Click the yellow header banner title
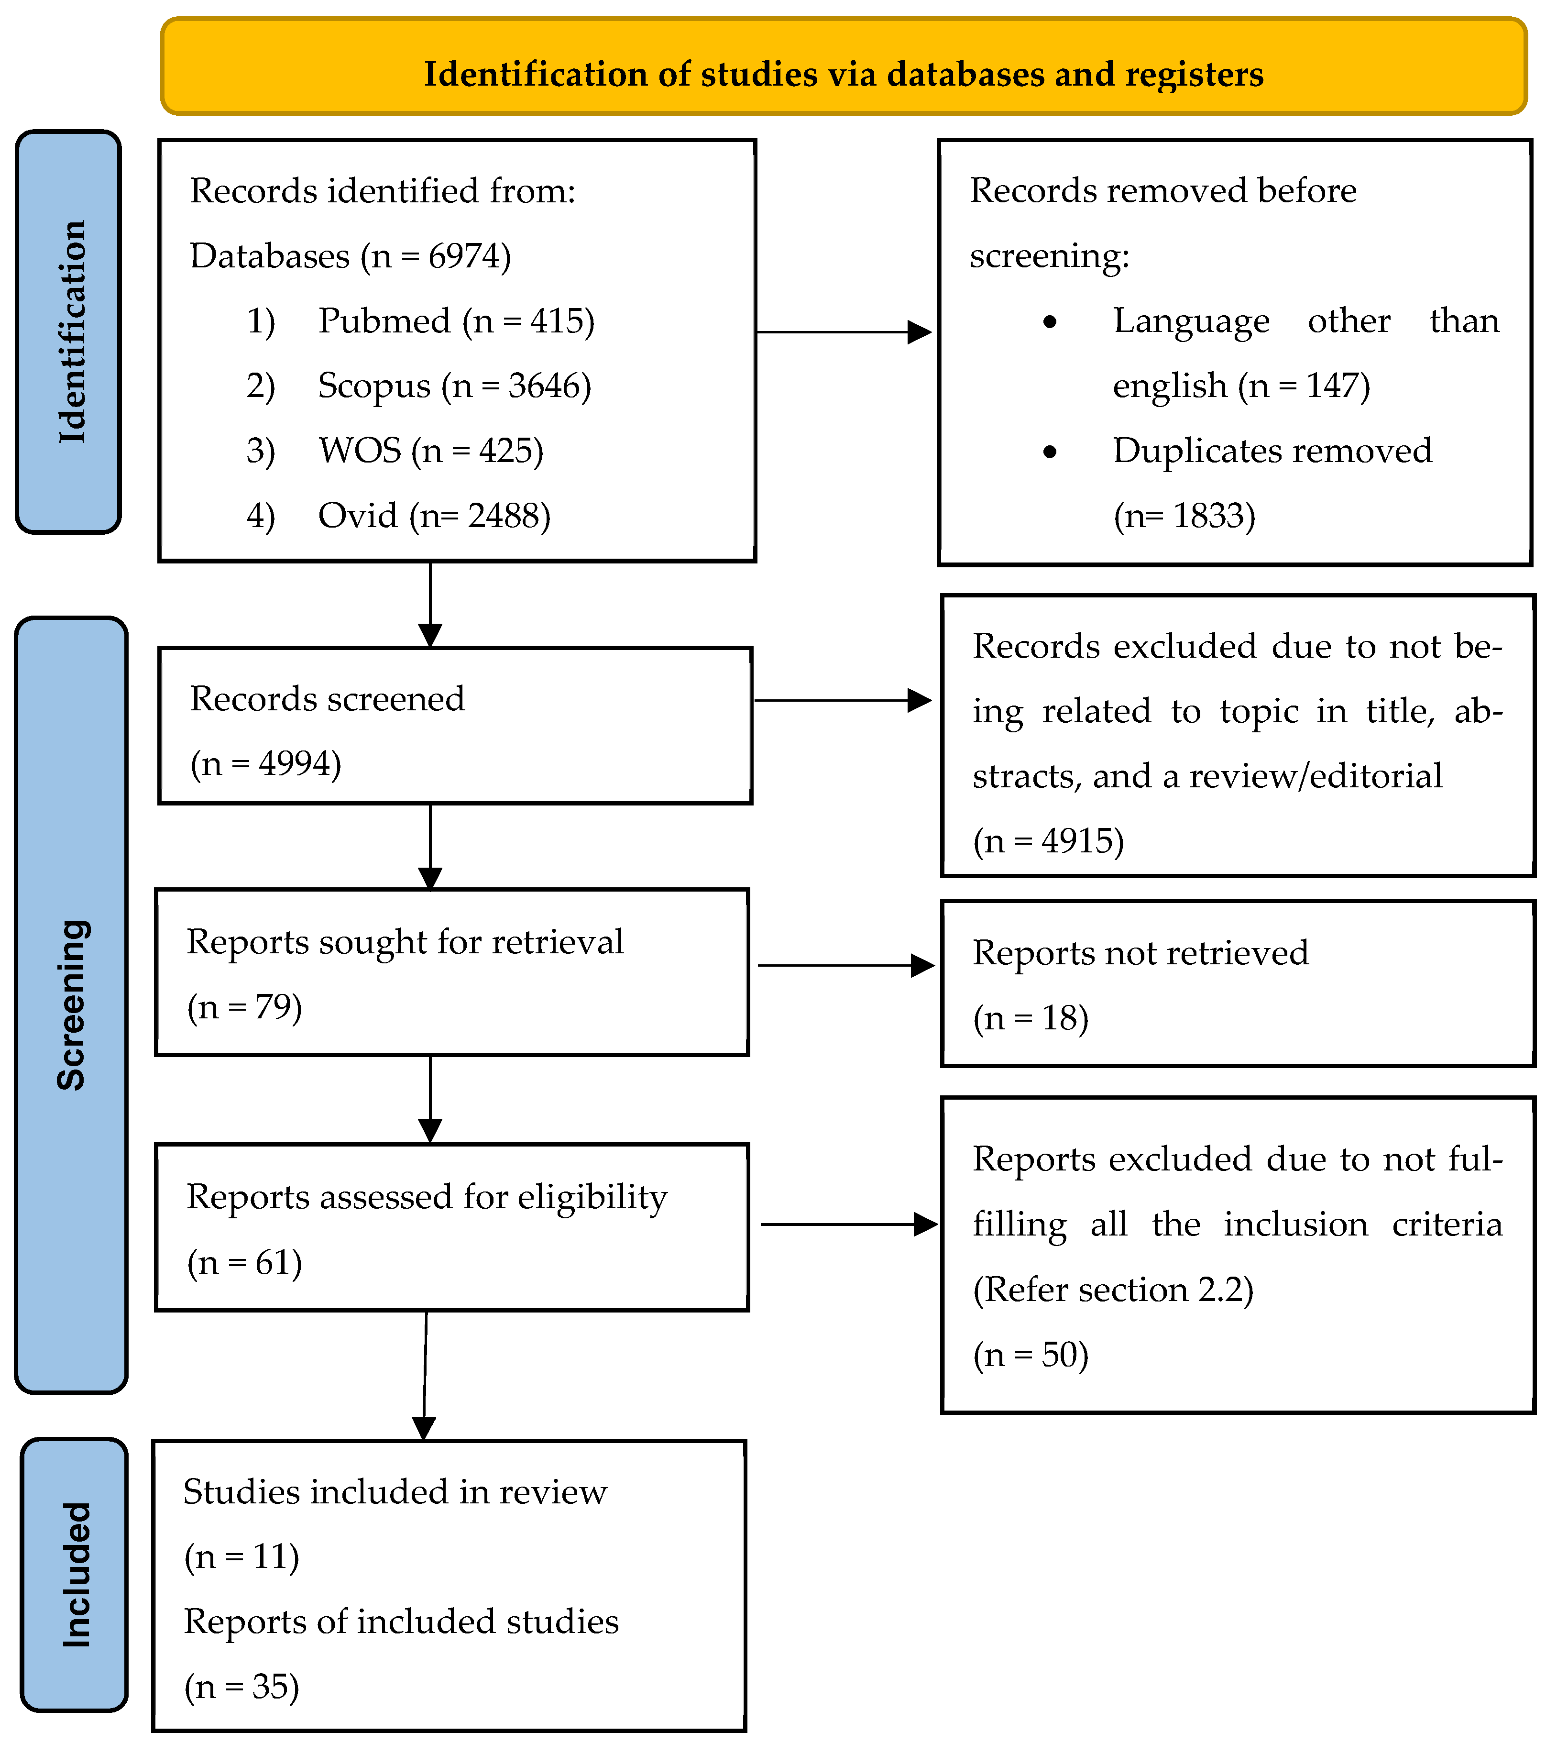click(844, 74)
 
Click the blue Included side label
click(75, 1575)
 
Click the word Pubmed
click(384, 321)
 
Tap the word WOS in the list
click(359, 451)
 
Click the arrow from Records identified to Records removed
click(844, 332)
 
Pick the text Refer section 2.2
click(1113, 1290)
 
